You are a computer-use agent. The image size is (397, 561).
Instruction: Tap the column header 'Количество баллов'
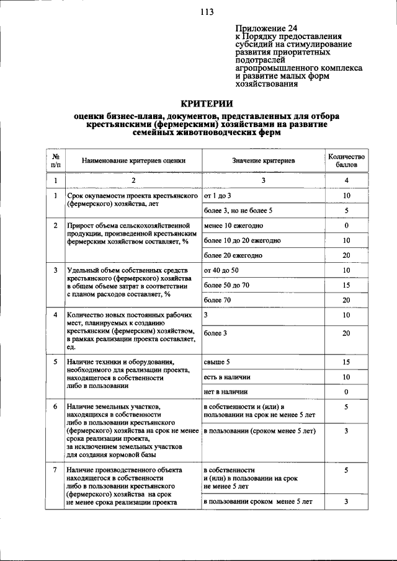pos(346,161)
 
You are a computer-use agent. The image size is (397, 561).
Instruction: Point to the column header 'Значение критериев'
pos(263,161)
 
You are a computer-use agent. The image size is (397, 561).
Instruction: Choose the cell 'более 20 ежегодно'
pos(233,255)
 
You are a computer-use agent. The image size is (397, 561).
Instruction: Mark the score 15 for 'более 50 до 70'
pos(346,285)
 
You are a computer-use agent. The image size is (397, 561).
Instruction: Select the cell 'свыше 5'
pos(216,361)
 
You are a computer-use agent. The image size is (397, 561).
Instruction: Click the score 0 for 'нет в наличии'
pos(346,392)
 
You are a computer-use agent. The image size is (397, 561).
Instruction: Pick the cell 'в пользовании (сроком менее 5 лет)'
pos(260,431)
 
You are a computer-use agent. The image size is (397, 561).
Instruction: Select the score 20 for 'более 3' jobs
pos(346,333)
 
